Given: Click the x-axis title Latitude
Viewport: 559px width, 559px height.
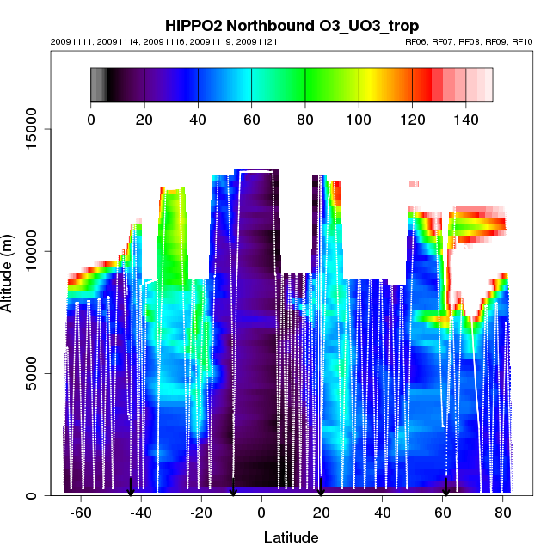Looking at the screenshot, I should (291, 537).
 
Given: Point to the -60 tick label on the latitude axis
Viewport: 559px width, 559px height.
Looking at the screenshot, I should (81, 513).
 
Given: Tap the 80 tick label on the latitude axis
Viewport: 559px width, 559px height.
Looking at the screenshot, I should (501, 513).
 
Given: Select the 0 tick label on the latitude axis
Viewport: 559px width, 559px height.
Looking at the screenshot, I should (261, 513).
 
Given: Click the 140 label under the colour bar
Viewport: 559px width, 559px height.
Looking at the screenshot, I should (465, 120).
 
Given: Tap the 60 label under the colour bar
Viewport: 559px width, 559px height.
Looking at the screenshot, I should (251, 120).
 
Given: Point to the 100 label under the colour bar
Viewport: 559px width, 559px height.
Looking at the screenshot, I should (359, 120).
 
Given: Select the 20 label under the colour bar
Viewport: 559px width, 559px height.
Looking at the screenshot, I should (144, 120).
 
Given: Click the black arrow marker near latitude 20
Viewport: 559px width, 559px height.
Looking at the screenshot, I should (321, 488).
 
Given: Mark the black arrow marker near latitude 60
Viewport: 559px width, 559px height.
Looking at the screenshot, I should (445, 488).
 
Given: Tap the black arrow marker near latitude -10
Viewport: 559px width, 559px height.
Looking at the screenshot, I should (233, 488).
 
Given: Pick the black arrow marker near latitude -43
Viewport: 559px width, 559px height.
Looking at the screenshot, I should (131, 488).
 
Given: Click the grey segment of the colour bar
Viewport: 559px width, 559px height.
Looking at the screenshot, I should (98, 84).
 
